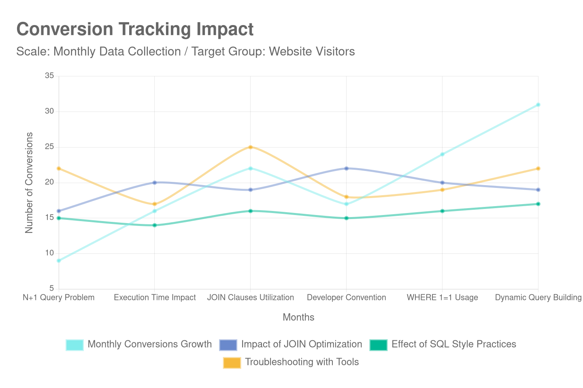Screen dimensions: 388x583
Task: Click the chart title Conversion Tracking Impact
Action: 135,30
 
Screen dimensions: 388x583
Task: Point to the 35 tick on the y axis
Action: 49,76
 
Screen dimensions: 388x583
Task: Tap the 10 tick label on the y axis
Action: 49,253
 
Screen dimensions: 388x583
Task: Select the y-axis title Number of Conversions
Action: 29,182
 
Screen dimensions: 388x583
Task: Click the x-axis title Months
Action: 298,317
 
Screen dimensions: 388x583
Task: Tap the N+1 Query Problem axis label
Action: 59,297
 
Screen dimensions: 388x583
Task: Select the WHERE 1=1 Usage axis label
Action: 442,297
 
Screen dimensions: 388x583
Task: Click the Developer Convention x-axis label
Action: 346,297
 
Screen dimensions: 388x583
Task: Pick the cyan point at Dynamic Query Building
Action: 538,105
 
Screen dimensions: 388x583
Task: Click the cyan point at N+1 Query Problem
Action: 59,261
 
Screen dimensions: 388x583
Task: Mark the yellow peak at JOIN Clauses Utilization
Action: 250,147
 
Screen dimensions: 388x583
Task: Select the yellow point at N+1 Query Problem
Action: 59,168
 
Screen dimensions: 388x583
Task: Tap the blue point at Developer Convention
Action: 346,168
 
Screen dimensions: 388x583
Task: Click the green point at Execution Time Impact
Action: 155,225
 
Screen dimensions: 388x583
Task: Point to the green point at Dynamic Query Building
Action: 538,204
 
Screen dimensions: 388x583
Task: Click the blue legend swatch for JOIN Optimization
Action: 228,345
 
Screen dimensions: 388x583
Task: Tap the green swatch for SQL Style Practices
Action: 379,345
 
